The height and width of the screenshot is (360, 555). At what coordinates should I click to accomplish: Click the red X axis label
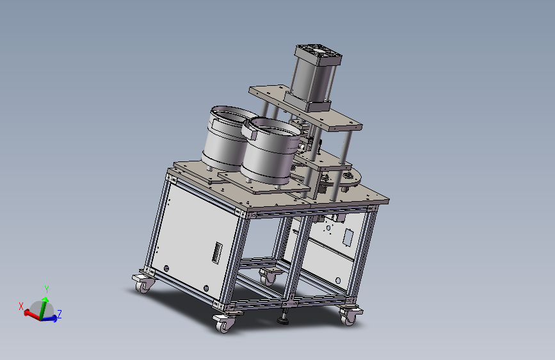(21, 306)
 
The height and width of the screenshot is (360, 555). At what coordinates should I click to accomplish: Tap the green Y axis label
(46, 289)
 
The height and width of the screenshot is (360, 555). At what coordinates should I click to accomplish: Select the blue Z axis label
(60, 314)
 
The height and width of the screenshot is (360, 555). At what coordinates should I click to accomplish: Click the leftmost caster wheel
(143, 286)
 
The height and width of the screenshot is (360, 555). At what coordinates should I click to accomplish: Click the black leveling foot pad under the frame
(283, 322)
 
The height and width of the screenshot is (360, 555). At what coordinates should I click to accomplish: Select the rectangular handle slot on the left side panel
(217, 252)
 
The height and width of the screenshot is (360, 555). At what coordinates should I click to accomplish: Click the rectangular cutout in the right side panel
(348, 237)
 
